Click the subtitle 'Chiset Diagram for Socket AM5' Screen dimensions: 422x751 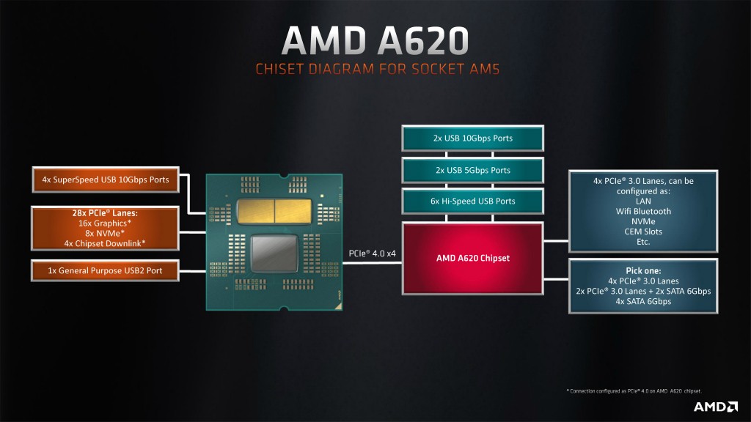pyautogui.click(x=378, y=70)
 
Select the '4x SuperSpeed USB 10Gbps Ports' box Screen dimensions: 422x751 pyautogui.click(x=106, y=180)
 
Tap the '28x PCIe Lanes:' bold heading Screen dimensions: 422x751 pyautogui.click(x=106, y=214)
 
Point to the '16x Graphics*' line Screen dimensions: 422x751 pyautogui.click(x=106, y=223)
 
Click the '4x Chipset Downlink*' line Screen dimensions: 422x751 pyautogui.click(x=106, y=243)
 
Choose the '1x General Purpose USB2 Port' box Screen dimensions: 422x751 pyautogui.click(x=106, y=270)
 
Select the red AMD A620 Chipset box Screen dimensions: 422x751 pyautogui.click(x=472, y=258)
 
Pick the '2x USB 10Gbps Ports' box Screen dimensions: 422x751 pyautogui.click(x=472, y=138)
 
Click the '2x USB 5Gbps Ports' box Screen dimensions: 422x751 pyautogui.click(x=472, y=170)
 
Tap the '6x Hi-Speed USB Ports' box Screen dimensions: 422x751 pyautogui.click(x=472, y=201)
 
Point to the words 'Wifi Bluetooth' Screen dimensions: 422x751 pyautogui.click(x=643, y=211)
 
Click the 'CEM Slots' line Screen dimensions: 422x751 pyautogui.click(x=643, y=232)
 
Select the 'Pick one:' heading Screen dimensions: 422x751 pyautogui.click(x=643, y=270)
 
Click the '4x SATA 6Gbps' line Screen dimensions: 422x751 pyautogui.click(x=643, y=300)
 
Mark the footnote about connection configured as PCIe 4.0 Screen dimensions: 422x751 pyautogui.click(x=634, y=391)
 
